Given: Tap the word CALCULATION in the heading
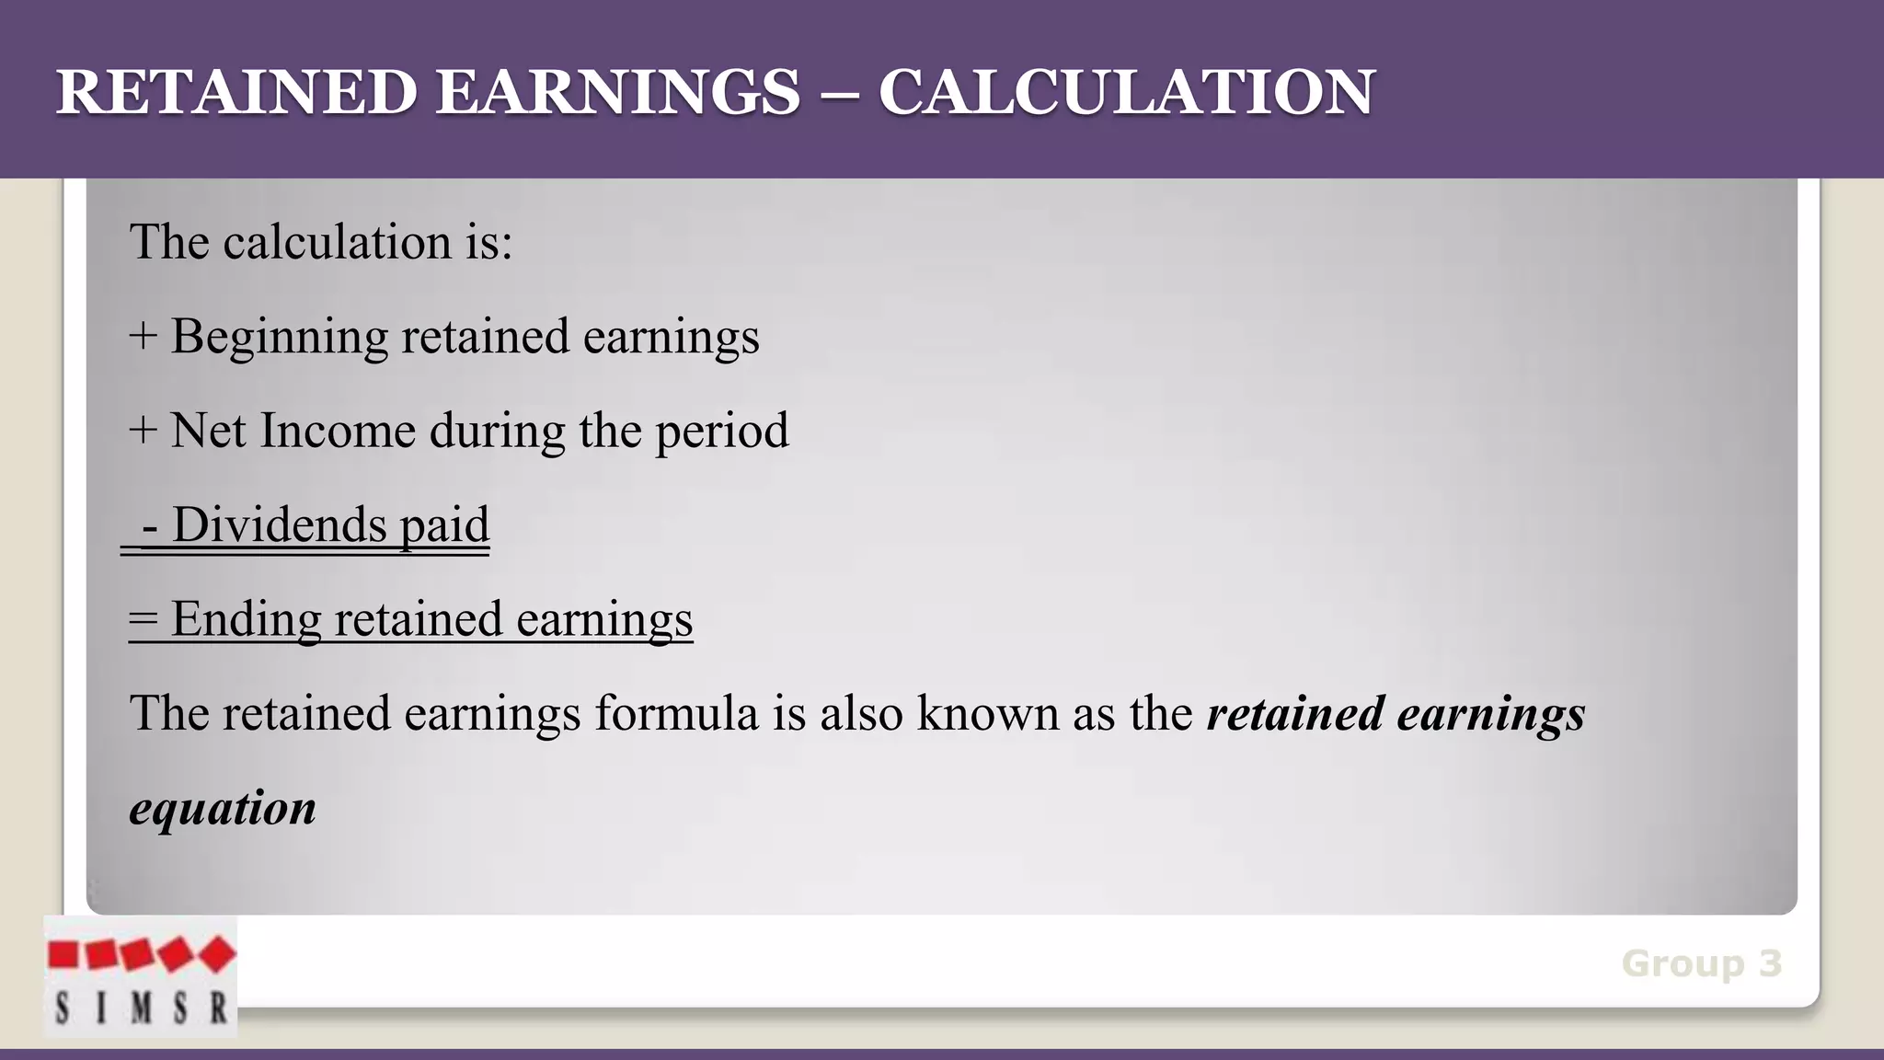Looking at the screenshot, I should click(x=1126, y=92).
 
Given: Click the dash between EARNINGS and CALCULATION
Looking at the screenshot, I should click(x=839, y=94).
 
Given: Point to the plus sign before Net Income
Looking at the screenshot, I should click(x=143, y=431).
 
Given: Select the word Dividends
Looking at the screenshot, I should click(x=279, y=524).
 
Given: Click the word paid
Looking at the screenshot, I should click(x=444, y=526).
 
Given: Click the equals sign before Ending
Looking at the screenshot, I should click(x=143, y=619).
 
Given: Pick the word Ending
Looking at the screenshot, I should click(x=246, y=620).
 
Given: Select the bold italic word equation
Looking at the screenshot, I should click(x=223, y=808).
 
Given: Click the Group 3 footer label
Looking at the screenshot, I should click(x=1702, y=963).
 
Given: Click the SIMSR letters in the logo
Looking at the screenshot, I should click(x=141, y=1008).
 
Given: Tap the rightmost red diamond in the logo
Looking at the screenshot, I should click(x=217, y=954).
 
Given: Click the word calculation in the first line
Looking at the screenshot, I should click(x=338, y=243).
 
